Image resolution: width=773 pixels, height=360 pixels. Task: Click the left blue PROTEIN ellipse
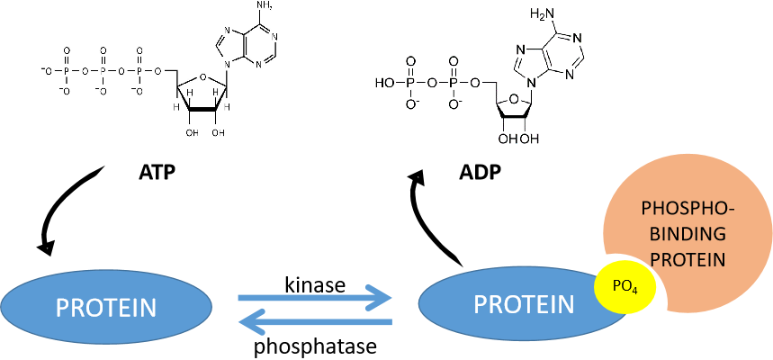[x=106, y=306]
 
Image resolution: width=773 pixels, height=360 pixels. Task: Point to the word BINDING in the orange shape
[x=687, y=232]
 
